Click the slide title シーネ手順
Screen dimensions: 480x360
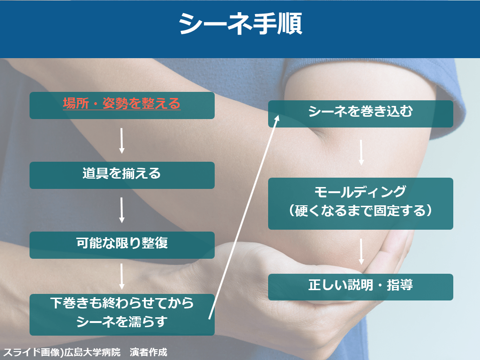240,23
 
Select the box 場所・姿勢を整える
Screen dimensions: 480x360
122,105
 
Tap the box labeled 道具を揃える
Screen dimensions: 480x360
122,175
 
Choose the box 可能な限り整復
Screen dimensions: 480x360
122,245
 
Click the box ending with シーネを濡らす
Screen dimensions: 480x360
122,315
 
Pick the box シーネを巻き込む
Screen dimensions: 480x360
360,113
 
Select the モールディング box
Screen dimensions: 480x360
360,203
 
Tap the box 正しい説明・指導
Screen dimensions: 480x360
360,287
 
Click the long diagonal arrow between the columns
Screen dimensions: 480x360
244,217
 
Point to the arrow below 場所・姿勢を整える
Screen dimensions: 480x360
121,141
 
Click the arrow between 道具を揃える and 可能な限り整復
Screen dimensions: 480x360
121,210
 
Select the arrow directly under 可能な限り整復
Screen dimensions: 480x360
121,277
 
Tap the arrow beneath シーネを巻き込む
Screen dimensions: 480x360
361,152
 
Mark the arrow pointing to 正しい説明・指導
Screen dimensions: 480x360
361,252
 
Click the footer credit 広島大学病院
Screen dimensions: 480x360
92,352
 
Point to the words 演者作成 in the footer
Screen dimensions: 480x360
149,352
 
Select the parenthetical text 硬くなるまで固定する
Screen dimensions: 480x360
360,211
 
